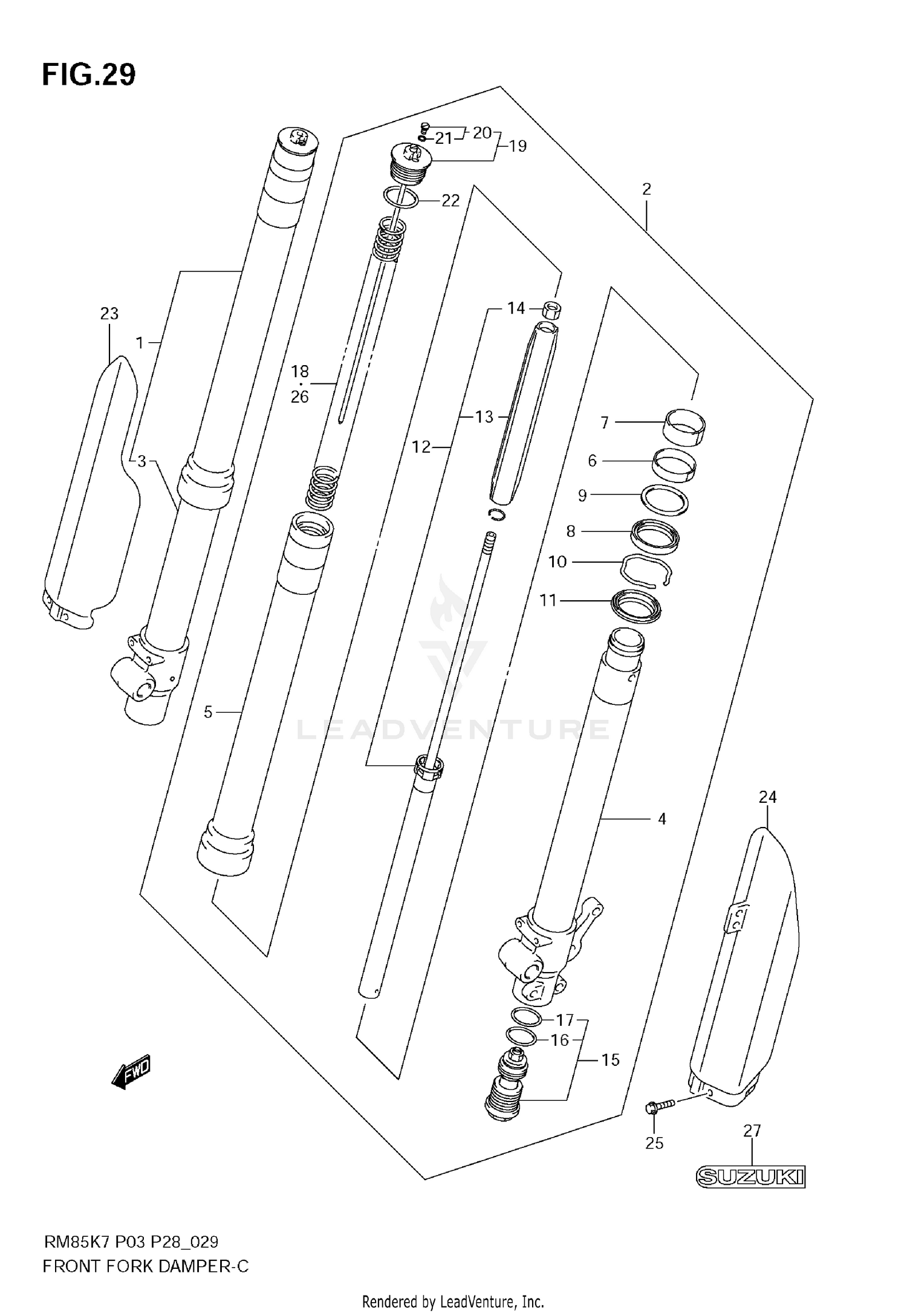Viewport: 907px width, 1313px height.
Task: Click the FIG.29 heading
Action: tap(89, 75)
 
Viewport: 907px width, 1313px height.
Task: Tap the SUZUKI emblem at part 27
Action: tap(751, 1178)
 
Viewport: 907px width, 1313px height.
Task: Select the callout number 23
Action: tap(109, 313)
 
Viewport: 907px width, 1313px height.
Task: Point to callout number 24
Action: tap(767, 797)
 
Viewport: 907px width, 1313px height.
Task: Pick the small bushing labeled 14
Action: tap(550, 310)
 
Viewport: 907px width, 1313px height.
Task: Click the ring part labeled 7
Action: tap(685, 427)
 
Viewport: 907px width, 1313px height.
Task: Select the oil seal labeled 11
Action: tap(636, 606)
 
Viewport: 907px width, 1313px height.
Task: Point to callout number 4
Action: tap(662, 819)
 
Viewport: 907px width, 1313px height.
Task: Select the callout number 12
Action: tap(421, 447)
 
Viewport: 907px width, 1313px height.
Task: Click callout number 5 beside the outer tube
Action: tap(208, 712)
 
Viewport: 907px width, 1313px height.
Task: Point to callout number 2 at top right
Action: tap(646, 189)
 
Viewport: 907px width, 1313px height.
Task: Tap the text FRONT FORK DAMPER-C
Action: tap(146, 1266)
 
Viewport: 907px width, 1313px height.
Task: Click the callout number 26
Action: tap(300, 397)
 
